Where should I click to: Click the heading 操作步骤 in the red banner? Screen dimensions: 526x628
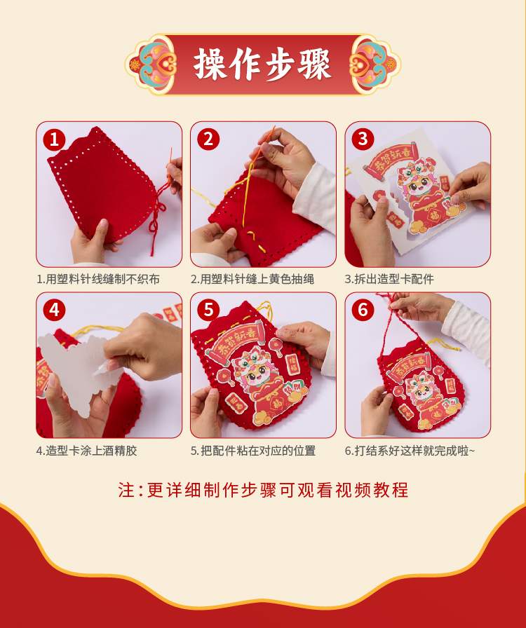[x=262, y=64]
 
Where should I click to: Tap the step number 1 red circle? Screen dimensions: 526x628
[x=54, y=139]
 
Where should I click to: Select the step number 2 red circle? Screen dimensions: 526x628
[x=208, y=139]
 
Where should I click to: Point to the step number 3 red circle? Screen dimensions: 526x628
[x=363, y=139]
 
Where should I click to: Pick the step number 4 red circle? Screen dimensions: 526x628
[x=54, y=310]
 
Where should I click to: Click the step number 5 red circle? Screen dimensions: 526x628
[x=208, y=310]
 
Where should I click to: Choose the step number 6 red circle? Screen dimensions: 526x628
[x=363, y=310]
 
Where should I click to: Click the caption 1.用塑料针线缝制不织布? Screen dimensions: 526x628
[x=98, y=279]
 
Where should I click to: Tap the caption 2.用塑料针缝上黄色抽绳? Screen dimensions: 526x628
[x=252, y=279]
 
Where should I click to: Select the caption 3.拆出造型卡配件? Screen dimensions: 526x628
[x=390, y=279]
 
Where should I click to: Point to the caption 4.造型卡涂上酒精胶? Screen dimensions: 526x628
[x=86, y=451]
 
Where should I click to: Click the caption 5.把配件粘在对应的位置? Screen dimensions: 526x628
[x=253, y=451]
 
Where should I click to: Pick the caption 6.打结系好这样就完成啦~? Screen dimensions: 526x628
[x=410, y=451]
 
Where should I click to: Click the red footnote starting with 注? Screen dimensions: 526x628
[x=263, y=490]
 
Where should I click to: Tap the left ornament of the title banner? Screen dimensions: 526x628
[x=151, y=64]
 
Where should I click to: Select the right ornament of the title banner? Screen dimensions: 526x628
[x=375, y=64]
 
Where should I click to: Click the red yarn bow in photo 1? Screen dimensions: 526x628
[x=157, y=217]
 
